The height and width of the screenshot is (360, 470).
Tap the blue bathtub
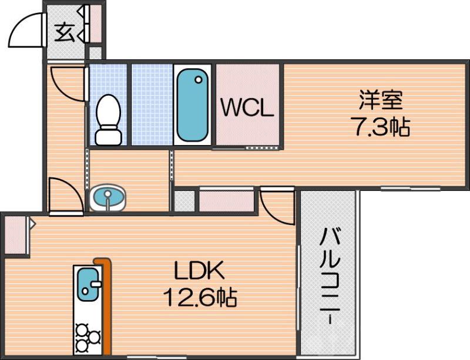193,105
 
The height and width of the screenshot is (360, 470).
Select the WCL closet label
247,108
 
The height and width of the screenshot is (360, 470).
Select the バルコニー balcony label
330,277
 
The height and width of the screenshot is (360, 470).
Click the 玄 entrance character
65,33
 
